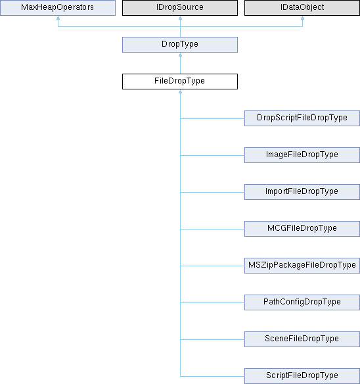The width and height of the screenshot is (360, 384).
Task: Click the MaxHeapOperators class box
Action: point(58,8)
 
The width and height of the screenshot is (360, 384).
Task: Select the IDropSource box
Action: point(180,8)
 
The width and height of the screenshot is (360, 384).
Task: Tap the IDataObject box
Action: point(302,8)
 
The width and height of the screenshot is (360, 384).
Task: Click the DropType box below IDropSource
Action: point(180,45)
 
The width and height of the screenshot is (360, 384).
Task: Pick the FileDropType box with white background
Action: point(180,82)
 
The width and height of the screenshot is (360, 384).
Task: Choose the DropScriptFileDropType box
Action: point(302,118)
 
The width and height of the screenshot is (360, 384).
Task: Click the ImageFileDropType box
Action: point(302,155)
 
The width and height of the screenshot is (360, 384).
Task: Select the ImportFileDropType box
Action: point(302,192)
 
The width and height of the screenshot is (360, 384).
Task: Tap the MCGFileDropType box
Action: point(302,229)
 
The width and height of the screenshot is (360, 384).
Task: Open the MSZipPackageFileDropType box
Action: point(302,266)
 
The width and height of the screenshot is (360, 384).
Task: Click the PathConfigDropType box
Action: point(302,302)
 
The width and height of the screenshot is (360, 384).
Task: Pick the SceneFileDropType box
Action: point(302,339)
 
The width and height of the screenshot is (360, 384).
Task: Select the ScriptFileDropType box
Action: point(302,376)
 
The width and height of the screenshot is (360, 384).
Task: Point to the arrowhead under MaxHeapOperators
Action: point(58,18)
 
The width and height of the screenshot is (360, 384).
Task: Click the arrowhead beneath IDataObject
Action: point(302,18)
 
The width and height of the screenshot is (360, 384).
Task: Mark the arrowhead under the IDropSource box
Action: point(181,18)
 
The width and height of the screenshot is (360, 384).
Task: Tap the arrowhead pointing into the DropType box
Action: point(181,55)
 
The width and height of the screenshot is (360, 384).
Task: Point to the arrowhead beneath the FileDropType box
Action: point(181,91)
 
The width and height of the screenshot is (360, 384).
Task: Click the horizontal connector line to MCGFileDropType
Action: point(212,229)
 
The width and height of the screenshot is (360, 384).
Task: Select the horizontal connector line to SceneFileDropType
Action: point(212,340)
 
